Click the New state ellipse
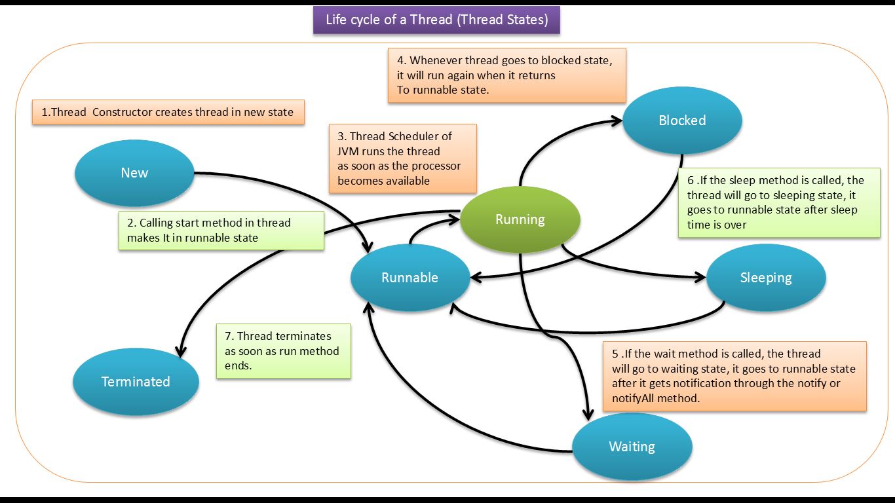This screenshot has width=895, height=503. [x=134, y=173]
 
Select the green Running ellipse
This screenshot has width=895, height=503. [x=520, y=219]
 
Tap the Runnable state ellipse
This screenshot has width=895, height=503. [x=409, y=278]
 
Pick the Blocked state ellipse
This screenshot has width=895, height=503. [x=681, y=121]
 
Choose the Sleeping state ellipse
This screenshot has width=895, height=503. [x=765, y=278]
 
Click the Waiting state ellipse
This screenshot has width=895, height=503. [x=632, y=447]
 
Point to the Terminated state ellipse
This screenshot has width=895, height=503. [x=135, y=382]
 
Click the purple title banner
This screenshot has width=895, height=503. [x=436, y=20]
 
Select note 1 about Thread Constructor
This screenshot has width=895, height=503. [x=168, y=112]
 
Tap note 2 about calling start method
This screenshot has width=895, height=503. [x=221, y=230]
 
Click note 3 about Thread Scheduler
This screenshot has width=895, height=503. [x=402, y=158]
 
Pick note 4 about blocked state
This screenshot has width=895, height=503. [x=506, y=75]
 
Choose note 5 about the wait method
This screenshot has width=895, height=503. [x=734, y=376]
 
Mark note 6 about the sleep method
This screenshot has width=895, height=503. [x=778, y=202]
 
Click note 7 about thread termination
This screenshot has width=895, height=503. [x=283, y=351]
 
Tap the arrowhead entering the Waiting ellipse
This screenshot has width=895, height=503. [x=588, y=415]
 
